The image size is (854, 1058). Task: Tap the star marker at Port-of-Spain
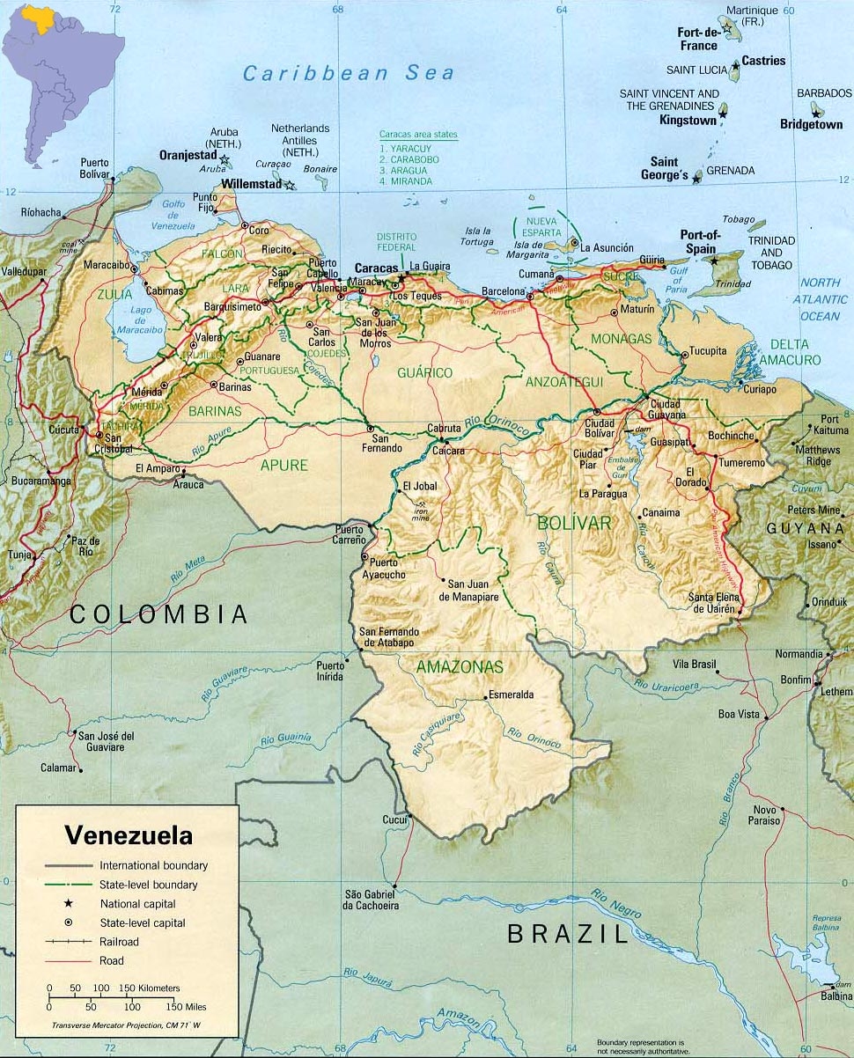coord(714,261)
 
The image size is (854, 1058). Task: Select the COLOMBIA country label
coord(158,614)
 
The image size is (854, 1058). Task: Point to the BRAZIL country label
coord(568,933)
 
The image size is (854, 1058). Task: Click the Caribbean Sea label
coord(349,74)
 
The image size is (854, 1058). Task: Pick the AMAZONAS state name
coord(460,667)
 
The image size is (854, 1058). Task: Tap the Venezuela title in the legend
coord(129,834)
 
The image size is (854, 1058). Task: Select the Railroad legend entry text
coord(121,942)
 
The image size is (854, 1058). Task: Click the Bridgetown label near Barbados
coord(810,125)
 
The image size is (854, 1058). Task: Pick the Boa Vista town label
coord(738,714)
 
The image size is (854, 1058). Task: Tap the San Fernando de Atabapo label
coord(388,637)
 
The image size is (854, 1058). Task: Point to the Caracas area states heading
coord(418,135)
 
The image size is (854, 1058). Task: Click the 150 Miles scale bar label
coord(185,1006)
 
